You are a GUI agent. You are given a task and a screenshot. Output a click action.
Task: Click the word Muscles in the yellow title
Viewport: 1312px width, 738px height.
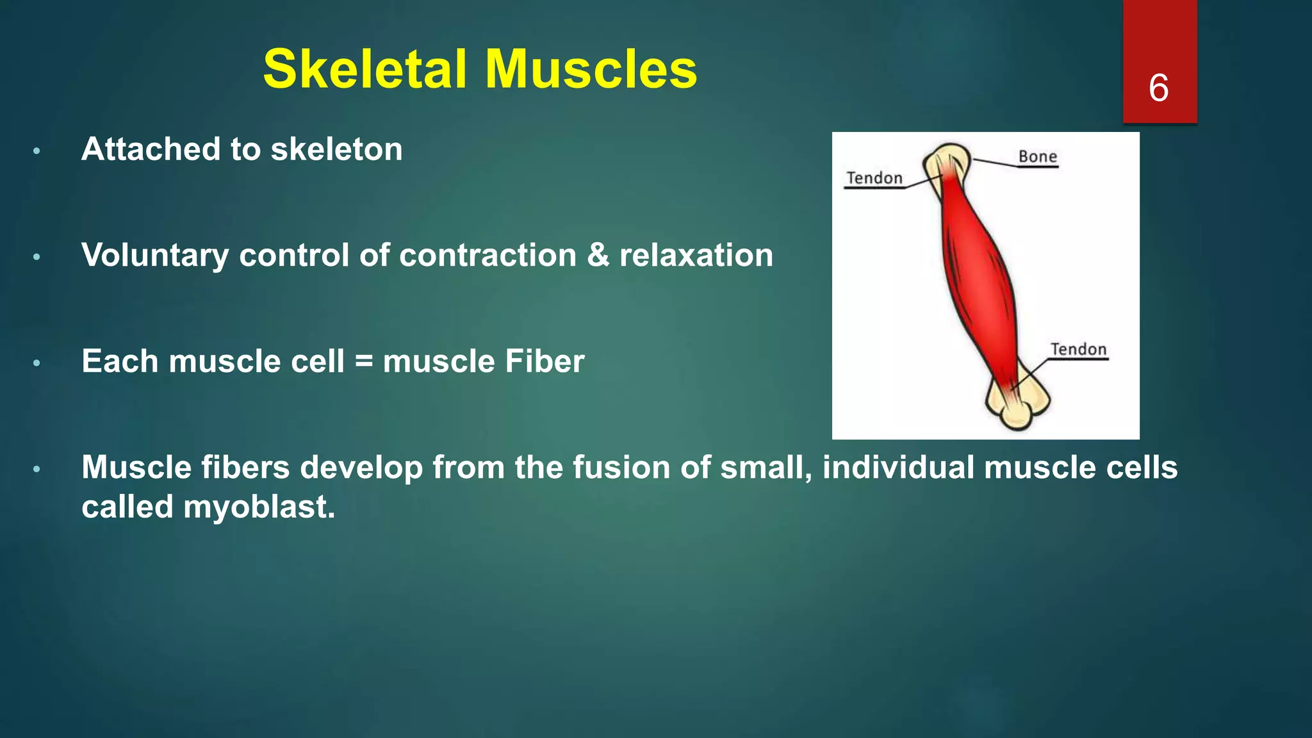[591, 69]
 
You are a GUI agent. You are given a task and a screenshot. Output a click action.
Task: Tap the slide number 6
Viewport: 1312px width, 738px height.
[1158, 88]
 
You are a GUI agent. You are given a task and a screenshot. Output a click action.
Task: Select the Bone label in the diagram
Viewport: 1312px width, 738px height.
[1037, 156]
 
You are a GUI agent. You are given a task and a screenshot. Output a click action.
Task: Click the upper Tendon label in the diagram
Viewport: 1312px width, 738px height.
[874, 177]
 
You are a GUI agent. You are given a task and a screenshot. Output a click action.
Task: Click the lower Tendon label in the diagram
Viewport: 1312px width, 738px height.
[1078, 349]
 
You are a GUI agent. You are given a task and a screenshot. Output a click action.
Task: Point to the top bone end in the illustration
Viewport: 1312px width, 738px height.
[949, 160]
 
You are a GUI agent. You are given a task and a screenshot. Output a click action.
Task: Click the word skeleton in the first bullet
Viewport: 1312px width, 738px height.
[336, 149]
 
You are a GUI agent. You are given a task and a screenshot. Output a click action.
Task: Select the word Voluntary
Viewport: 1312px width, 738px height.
[155, 256]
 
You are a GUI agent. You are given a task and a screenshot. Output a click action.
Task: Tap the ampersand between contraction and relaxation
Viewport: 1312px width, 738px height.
[597, 255]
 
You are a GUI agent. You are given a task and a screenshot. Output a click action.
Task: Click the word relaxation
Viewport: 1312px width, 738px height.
[696, 255]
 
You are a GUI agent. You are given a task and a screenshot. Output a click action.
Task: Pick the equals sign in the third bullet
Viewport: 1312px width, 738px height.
[363, 361]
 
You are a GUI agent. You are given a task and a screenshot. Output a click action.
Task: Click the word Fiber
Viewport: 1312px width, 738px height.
[544, 361]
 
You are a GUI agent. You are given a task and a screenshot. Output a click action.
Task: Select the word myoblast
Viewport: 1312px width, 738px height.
[259, 507]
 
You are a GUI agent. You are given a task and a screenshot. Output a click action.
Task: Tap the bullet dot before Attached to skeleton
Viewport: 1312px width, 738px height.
[37, 151]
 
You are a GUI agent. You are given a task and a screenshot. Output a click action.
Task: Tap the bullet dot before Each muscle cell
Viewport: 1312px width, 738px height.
[37, 363]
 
